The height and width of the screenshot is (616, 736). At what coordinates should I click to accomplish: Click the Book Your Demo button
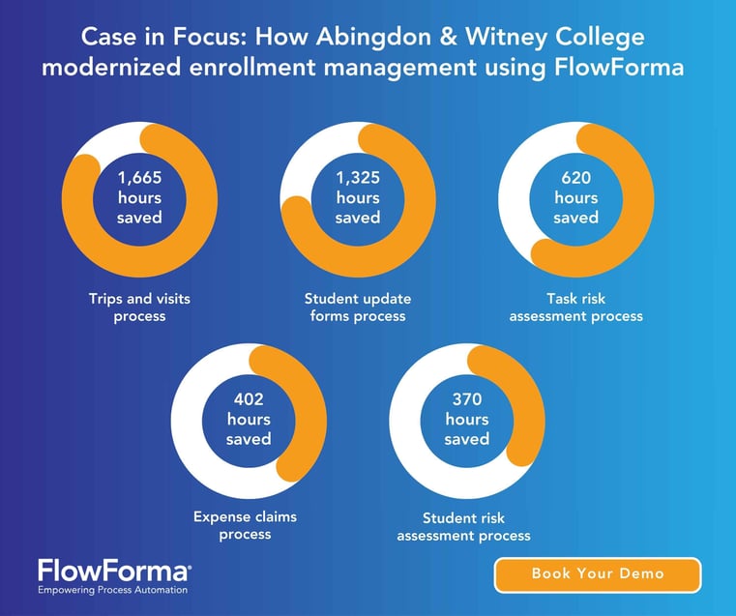pos(598,573)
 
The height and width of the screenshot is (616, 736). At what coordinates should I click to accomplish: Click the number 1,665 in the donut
pos(139,178)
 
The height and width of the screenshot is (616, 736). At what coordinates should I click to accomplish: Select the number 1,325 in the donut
pos(358,178)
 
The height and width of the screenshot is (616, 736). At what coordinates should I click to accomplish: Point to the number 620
pos(575,178)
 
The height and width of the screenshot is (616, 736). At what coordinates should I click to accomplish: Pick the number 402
pos(249,399)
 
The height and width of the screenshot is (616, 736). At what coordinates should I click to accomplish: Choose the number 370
pos(467,399)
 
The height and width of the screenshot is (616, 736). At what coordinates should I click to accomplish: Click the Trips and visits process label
pos(139,307)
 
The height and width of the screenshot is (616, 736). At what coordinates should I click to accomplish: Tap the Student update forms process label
pos(358,307)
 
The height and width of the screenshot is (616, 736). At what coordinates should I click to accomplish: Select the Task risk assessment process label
pos(575,307)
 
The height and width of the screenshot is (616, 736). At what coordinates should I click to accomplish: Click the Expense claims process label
pos(245,525)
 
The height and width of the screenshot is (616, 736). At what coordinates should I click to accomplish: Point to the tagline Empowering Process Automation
pos(112,590)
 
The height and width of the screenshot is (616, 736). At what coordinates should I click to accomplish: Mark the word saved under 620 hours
pos(575,218)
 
